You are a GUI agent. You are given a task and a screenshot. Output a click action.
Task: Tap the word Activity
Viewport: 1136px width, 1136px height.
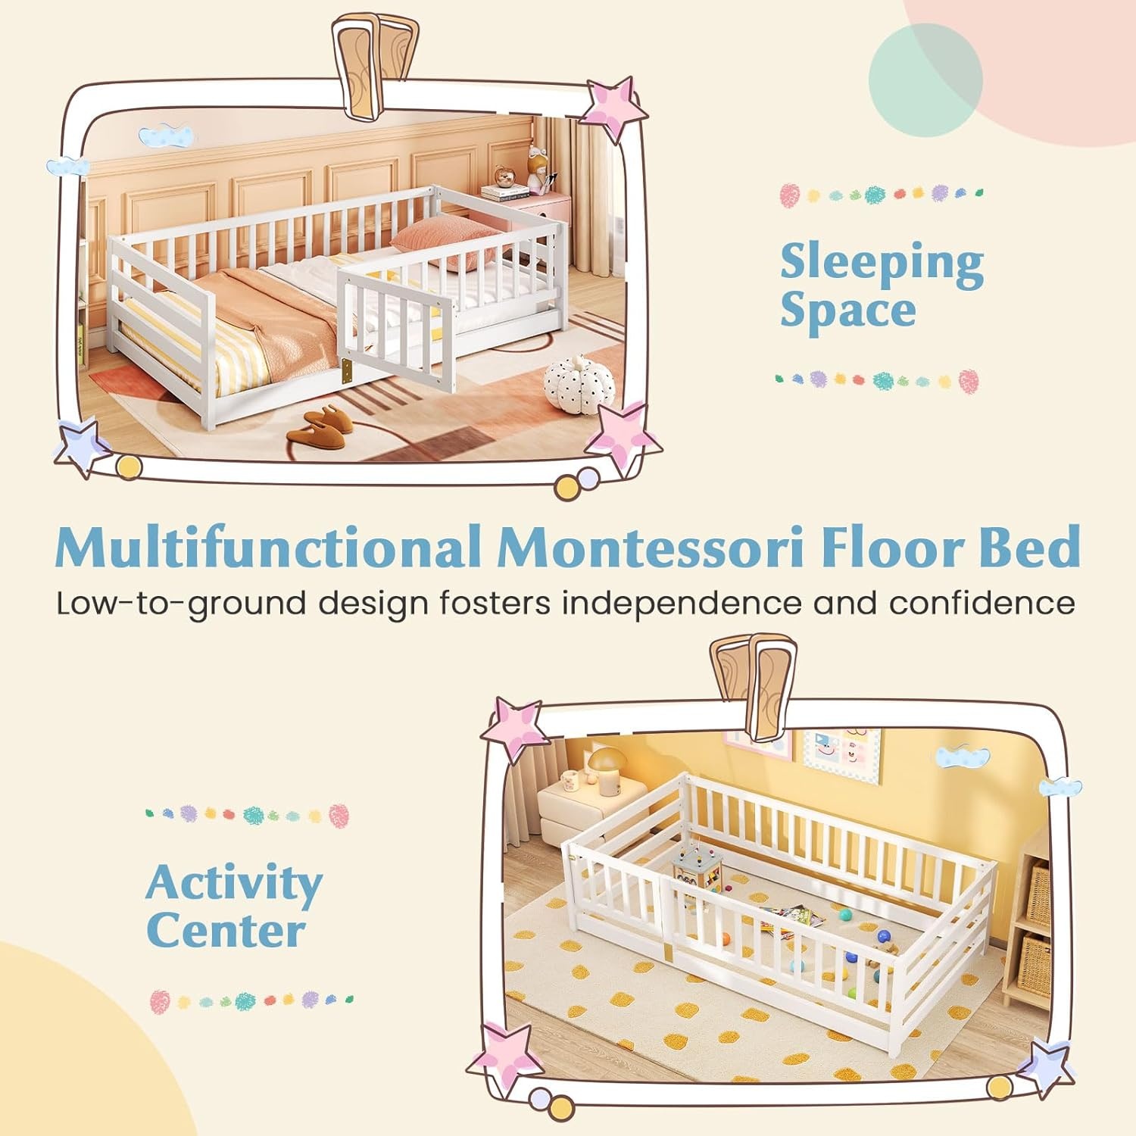[x=234, y=884]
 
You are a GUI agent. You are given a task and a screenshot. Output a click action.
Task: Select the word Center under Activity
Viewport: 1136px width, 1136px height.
[x=226, y=931]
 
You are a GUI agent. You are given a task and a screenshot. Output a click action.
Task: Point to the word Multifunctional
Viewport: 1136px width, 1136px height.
[x=269, y=547]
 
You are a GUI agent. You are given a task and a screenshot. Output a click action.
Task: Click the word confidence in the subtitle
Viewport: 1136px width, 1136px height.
[x=982, y=604]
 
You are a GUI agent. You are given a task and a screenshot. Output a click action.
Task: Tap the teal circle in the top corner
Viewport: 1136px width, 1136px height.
[x=925, y=80]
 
